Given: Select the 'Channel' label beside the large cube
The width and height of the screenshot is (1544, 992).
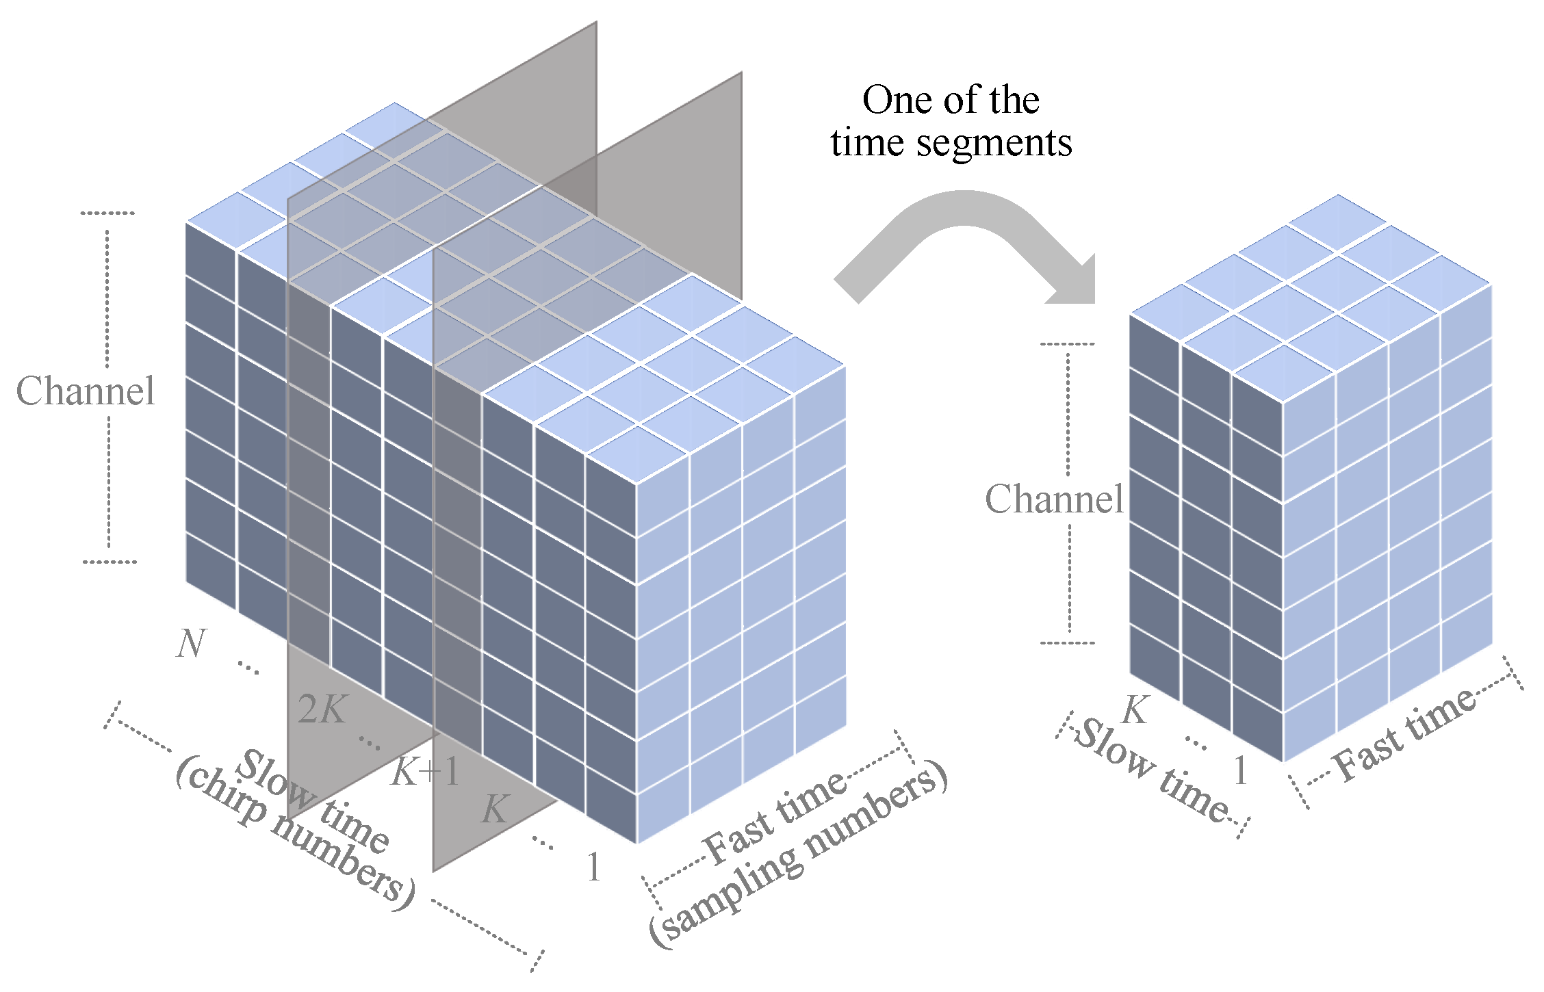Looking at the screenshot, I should [86, 391].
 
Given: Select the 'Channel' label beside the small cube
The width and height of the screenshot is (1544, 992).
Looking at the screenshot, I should [1054, 499].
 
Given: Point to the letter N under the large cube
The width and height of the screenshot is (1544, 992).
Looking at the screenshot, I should [191, 644].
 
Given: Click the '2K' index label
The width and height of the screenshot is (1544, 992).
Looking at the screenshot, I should [322, 709].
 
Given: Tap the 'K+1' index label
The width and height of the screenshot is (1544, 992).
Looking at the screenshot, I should [426, 773].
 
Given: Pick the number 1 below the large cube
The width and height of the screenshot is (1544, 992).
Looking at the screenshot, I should [593, 867].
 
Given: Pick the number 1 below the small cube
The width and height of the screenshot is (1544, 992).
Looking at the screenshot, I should [1240, 772].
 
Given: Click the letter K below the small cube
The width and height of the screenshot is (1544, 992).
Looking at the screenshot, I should [1135, 710].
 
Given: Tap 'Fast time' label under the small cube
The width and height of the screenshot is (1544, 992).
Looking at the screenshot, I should [1403, 735].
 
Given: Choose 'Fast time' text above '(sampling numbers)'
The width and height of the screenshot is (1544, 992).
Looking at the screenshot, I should [777, 818].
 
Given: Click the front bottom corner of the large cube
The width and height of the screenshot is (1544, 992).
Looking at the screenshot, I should [637, 844].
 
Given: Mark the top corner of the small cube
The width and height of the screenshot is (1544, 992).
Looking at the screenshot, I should [1338, 196].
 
